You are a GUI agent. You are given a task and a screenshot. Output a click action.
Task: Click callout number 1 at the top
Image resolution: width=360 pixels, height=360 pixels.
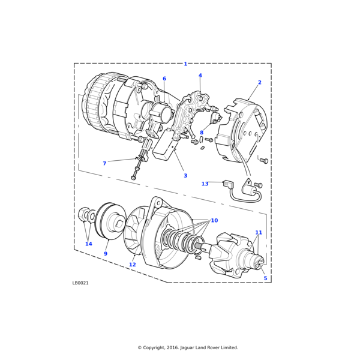click(185, 64)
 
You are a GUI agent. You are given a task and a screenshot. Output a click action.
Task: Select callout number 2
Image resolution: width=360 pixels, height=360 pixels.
click(260, 82)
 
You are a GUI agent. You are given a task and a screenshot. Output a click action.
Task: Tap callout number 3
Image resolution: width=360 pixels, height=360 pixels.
click(185, 176)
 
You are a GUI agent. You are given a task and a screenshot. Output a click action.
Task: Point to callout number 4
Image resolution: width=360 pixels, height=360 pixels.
click(200, 76)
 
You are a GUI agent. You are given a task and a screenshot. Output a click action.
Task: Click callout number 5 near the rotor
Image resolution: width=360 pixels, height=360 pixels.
click(265, 278)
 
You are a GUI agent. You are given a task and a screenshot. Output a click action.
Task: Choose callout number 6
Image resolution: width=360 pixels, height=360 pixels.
click(164, 79)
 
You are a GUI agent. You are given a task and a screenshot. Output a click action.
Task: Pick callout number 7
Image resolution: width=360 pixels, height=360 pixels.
click(104, 163)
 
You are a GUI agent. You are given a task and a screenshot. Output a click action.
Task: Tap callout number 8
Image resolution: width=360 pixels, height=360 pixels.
click(202, 133)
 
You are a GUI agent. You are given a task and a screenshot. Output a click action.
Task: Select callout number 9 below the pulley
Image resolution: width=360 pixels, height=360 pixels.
click(106, 254)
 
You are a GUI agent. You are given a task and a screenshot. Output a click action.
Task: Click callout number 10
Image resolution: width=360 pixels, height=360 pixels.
click(214, 221)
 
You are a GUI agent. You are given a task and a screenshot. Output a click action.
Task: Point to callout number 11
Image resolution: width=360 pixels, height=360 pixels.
click(259, 233)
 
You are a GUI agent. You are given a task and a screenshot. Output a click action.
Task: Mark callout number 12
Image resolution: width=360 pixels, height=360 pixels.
click(133, 265)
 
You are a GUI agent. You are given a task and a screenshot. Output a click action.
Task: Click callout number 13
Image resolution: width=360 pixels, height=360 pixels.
click(205, 184)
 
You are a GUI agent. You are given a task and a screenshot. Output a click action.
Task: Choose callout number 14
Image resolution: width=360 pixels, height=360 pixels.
click(89, 244)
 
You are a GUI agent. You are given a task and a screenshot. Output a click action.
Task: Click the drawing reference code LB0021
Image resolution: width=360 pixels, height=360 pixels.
click(80, 283)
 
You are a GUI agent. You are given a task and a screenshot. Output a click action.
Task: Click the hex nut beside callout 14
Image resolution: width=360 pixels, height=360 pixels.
click(83, 215)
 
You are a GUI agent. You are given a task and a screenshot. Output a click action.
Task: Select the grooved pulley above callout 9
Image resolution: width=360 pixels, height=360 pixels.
click(110, 221)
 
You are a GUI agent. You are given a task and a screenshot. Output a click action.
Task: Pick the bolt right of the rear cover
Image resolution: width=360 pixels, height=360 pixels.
click(265, 161)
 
